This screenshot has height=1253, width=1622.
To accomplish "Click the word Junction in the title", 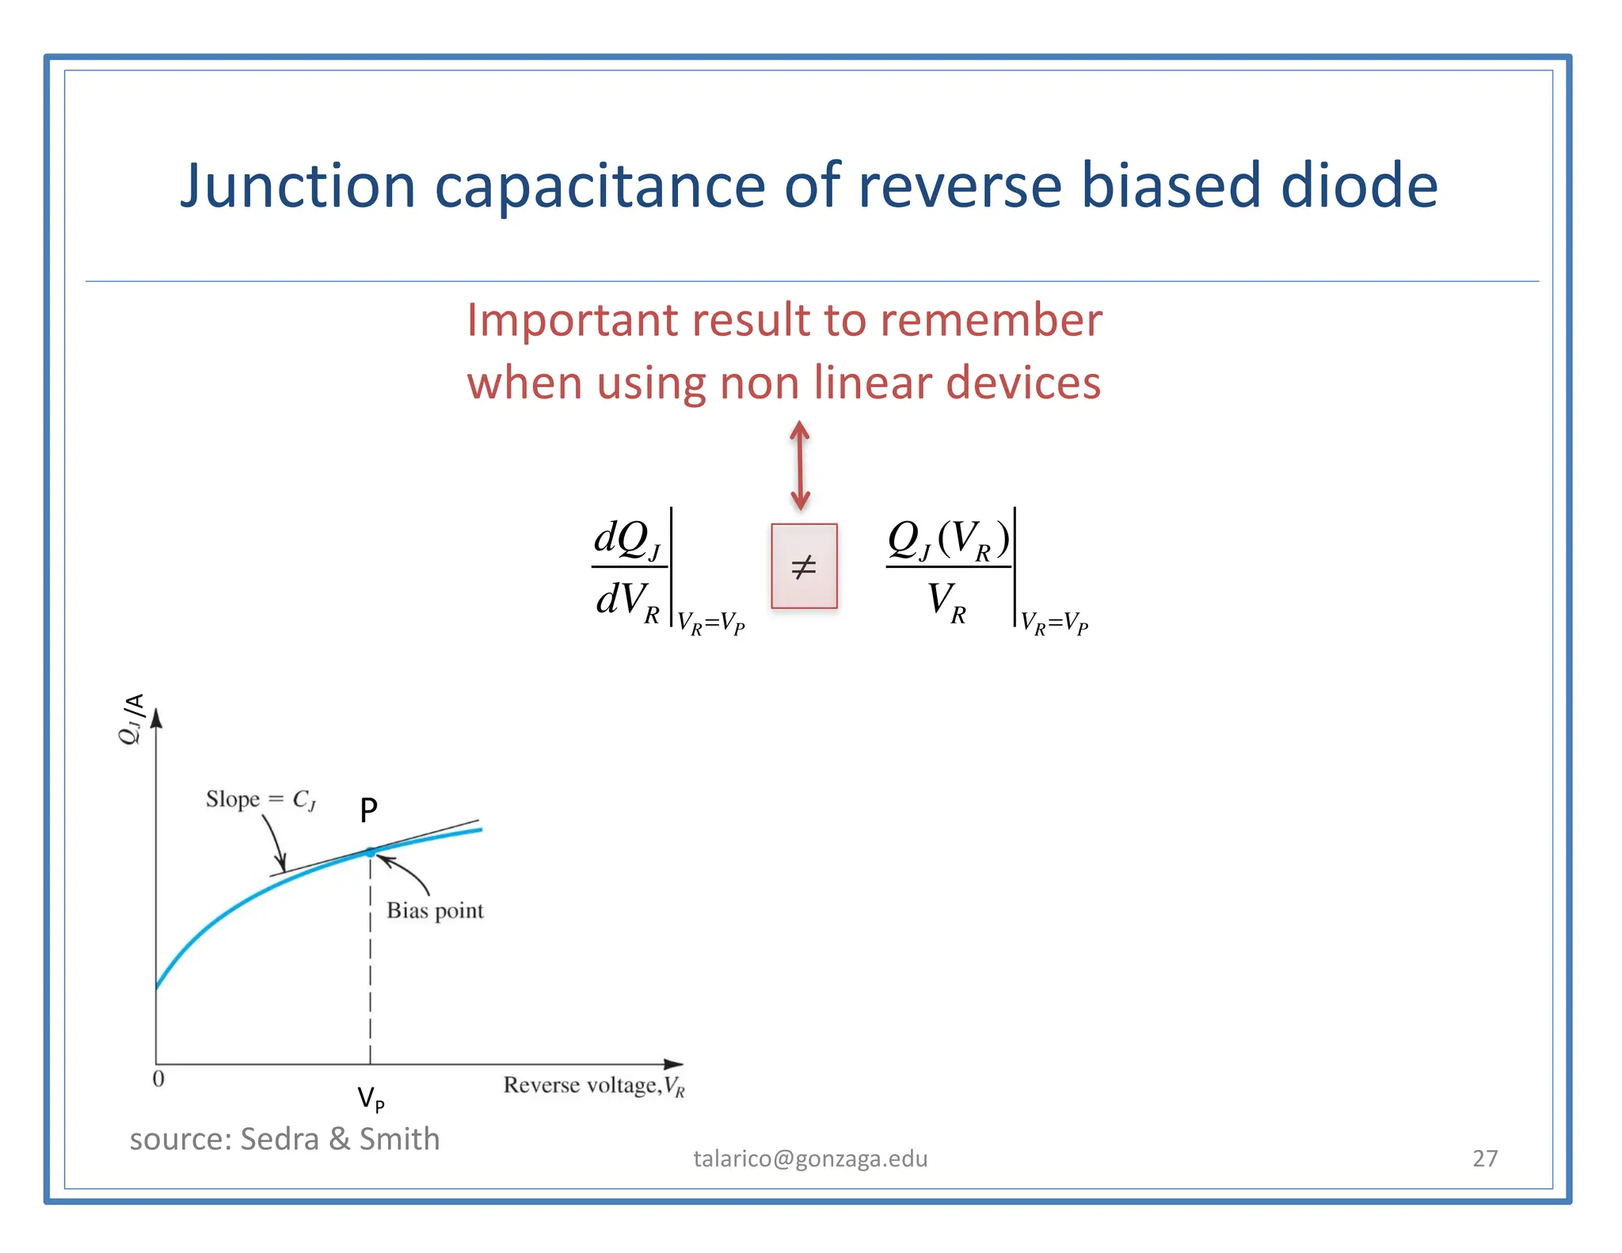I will point(297,187).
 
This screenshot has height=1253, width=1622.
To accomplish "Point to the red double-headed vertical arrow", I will point(800,466).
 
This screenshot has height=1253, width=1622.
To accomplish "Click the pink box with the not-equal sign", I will point(804,566).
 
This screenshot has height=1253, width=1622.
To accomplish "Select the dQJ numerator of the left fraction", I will point(626,539).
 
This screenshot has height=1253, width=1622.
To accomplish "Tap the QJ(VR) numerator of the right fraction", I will point(948,540).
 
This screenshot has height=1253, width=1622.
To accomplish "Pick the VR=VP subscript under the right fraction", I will point(1054,623).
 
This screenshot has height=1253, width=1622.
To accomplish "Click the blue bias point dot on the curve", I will point(370,852).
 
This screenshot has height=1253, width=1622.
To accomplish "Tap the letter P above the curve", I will point(368,810).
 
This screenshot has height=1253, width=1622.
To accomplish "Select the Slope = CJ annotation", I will point(261,799).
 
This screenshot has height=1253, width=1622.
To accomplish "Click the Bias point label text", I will point(435,911).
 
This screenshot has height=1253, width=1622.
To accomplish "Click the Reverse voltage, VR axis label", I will point(593,1085).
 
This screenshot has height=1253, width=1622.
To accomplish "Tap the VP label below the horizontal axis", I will point(370,1099).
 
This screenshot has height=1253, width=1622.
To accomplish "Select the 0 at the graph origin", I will point(158,1079).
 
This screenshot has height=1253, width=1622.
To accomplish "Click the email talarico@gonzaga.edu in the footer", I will point(810,1159).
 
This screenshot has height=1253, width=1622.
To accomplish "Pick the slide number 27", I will point(1484,1159).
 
